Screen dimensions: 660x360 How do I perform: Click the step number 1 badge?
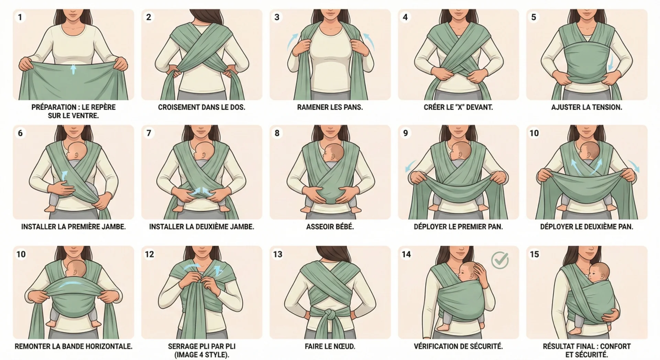coord(20,17)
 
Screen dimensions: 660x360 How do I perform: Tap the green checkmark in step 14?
coord(500,260)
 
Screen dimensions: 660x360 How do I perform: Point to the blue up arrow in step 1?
coord(73,69)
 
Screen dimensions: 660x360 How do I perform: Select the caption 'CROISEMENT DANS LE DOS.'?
coord(202,107)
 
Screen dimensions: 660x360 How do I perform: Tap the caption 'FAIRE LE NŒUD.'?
coord(330,346)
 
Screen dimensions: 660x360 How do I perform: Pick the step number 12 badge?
coord(149,254)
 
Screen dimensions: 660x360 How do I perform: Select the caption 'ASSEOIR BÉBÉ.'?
coord(330,227)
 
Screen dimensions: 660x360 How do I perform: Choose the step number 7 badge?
coord(149,133)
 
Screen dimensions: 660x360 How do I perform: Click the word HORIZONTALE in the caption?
coord(110,346)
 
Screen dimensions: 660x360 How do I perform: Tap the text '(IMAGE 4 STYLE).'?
coord(202,355)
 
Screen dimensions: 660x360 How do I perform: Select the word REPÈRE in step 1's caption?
coord(102,107)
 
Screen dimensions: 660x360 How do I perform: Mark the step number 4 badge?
coord(405,17)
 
